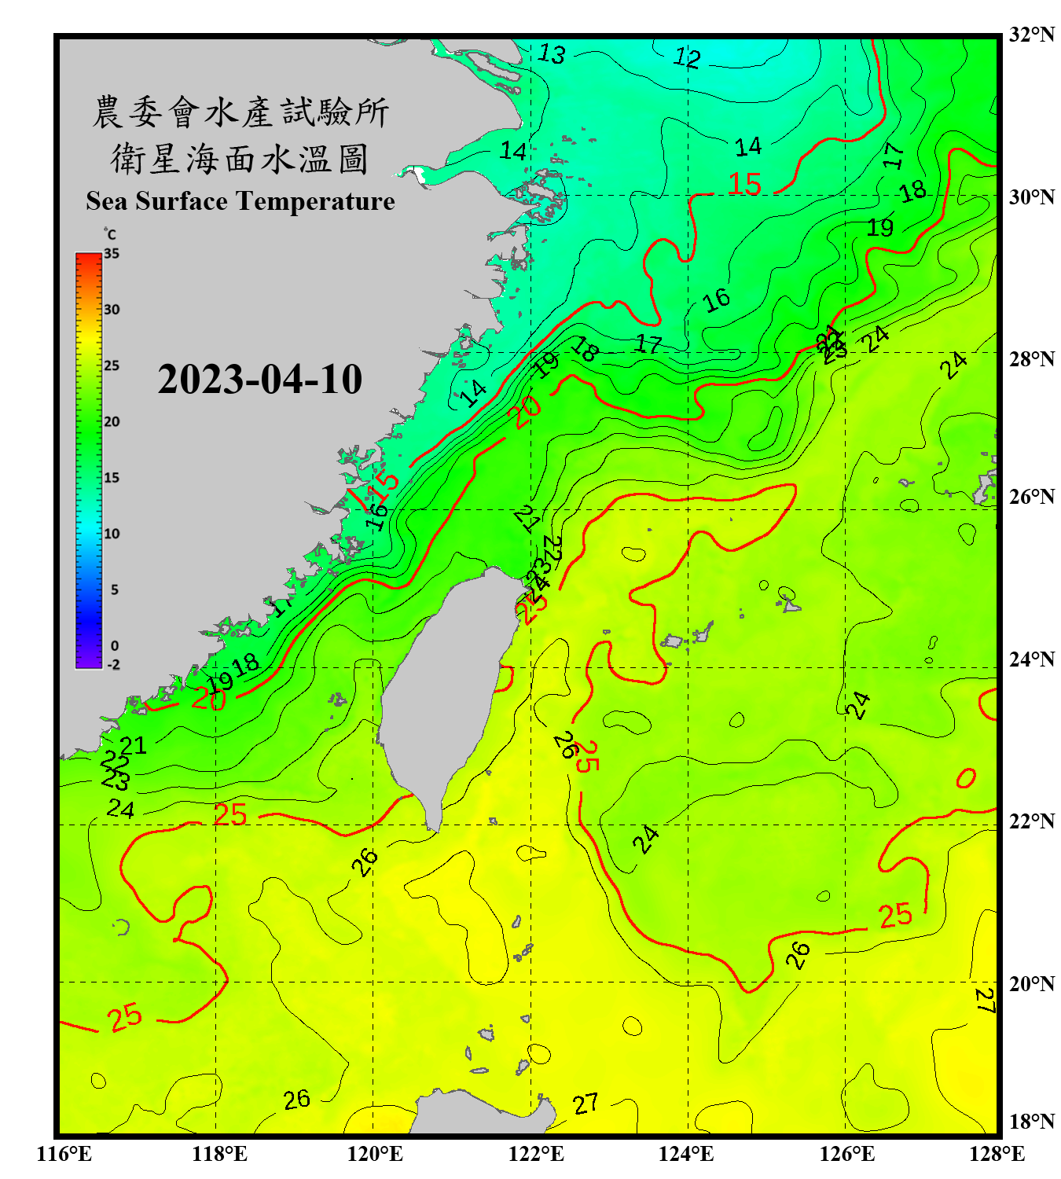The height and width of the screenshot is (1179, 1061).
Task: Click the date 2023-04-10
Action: pos(259,380)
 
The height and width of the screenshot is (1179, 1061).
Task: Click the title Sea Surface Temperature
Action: pos(240,201)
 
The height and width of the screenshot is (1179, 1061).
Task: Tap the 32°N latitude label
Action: pos(1031,35)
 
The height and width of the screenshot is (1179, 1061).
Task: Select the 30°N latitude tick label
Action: pos(1031,197)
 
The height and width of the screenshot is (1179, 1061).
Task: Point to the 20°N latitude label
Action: pos(1031,984)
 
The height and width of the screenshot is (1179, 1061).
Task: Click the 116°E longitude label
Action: pos(64,1154)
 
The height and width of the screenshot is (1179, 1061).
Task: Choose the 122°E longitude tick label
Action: pos(536,1154)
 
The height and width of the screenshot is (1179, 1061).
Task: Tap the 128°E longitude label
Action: pos(997,1154)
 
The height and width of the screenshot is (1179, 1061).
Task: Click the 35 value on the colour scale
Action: pos(112,254)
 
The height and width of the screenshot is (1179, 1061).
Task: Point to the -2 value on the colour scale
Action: pos(113,665)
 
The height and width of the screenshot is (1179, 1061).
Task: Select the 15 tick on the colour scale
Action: pos(112,478)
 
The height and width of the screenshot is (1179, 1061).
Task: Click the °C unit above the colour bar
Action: pos(110,234)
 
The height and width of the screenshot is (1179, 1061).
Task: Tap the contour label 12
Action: pos(687,57)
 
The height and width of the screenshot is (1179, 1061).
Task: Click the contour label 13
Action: pos(551,54)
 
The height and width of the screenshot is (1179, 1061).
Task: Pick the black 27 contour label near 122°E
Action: pos(586,1104)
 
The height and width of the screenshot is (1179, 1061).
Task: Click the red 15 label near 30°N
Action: pos(744,185)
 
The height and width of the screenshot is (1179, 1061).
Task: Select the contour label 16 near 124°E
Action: pos(716,300)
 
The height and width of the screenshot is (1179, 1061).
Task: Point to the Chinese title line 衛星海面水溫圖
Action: pos(240,159)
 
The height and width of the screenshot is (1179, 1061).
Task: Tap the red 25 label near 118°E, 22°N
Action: pos(230,815)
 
